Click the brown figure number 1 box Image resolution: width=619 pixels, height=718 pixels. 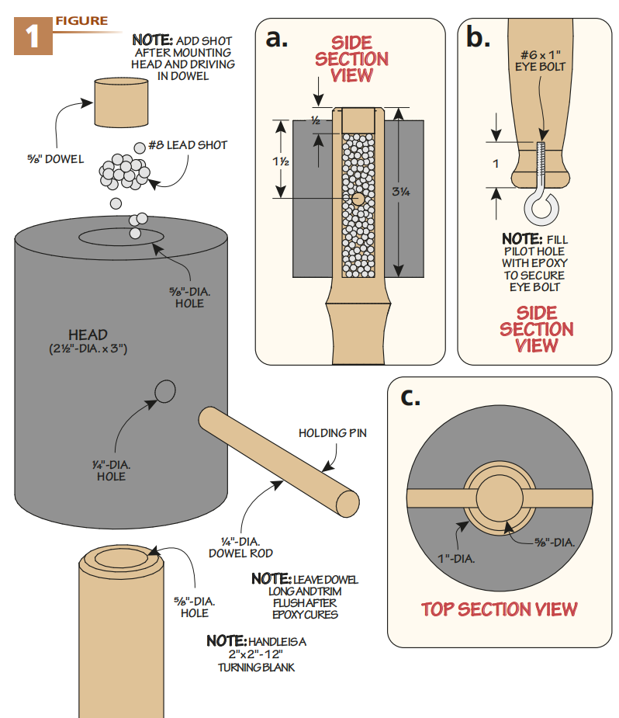[33, 36]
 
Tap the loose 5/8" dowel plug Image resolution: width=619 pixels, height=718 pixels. [121, 102]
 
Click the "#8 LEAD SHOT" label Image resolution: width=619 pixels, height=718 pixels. [188, 145]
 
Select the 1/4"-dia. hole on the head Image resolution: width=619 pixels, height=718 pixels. [164, 391]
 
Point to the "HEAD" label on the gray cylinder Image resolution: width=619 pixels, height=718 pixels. [88, 335]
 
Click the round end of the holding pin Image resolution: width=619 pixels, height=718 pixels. [348, 504]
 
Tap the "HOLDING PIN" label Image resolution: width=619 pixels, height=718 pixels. [333, 433]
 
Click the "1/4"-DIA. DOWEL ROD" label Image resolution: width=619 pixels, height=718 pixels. [240, 548]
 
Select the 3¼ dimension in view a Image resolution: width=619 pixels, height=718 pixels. [401, 192]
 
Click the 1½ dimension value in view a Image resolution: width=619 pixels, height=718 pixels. [281, 161]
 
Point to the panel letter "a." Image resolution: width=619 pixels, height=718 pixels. [277, 38]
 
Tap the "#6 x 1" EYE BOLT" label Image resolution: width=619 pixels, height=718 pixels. [541, 61]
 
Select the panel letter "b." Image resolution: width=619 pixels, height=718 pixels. [478, 36]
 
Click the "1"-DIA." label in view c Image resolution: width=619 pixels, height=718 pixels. [456, 559]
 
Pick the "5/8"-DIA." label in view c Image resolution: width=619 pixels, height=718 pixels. [555, 543]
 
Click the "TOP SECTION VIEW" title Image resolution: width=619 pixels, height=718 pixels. [499, 609]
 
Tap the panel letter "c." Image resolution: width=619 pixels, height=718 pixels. [410, 397]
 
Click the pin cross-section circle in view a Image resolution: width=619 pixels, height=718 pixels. [358, 199]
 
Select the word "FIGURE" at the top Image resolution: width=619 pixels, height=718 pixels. [82, 21]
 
